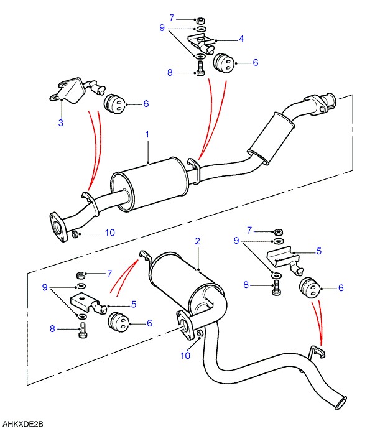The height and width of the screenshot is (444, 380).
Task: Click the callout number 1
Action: point(147,134)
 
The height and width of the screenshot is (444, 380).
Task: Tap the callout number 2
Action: point(197,241)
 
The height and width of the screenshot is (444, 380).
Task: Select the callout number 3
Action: point(61,123)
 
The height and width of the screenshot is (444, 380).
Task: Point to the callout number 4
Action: point(241,39)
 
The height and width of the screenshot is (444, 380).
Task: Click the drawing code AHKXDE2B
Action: point(22,424)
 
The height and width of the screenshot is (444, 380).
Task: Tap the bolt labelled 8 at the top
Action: point(200,69)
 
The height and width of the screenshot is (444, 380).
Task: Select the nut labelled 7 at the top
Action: point(201,21)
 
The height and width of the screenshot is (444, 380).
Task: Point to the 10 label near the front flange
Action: point(110,233)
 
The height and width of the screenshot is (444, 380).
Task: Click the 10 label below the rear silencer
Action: point(185,356)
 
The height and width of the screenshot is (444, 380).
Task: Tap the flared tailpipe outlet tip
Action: point(341,403)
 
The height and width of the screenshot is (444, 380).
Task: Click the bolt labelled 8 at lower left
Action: point(83,330)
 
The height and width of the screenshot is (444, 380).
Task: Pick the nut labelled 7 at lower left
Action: point(80,275)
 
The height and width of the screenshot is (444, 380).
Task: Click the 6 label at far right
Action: point(341,288)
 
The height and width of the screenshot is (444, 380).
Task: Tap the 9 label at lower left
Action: point(45,287)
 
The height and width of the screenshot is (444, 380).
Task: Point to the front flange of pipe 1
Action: point(59,227)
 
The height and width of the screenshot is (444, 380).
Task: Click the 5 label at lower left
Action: point(134,305)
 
